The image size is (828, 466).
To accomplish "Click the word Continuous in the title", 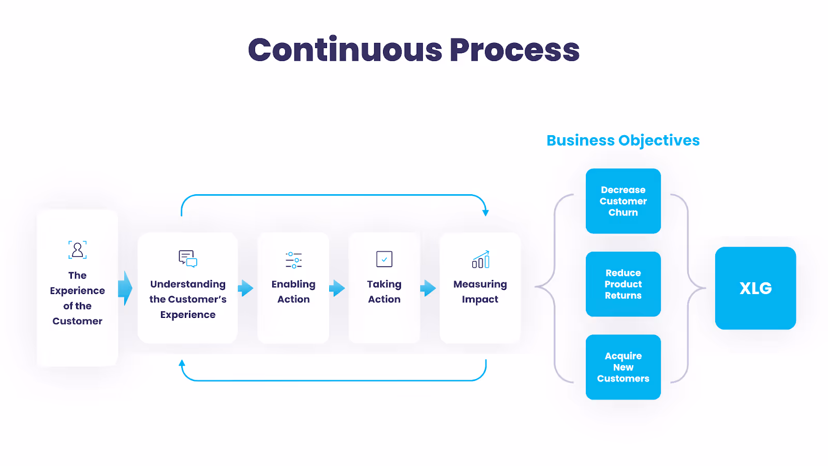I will (345, 50).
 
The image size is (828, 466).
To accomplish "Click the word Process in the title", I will (514, 50).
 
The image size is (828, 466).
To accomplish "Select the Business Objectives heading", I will (623, 140).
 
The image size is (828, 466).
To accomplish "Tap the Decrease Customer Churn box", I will (623, 201).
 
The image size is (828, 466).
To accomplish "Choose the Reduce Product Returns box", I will (623, 284).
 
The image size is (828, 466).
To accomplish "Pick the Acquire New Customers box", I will (623, 367).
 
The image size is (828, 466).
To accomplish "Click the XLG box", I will (755, 288).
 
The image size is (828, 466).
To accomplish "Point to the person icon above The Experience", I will (78, 250).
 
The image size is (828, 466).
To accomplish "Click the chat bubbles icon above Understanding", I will (188, 258).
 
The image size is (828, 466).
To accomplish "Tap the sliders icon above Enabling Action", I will (293, 260).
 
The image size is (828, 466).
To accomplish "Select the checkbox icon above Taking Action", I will (384, 259).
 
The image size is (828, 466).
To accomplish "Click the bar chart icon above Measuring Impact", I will (480, 260).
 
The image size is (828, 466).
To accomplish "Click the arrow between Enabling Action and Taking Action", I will (338, 288).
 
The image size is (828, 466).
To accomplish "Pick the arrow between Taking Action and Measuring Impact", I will (428, 288).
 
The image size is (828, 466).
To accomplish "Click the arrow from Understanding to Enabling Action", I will (246, 288).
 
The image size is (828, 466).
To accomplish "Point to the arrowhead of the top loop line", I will (485, 212).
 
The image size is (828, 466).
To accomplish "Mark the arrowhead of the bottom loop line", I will (182, 363).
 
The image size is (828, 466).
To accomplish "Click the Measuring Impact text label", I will (480, 292).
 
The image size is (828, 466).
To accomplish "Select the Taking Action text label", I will (384, 292).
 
